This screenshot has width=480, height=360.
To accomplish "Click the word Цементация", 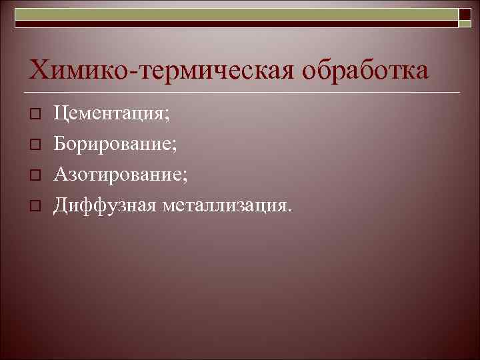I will click(x=111, y=115).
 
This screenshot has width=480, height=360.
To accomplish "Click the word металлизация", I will click(x=223, y=205).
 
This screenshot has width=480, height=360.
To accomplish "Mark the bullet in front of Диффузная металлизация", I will click(x=37, y=205).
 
